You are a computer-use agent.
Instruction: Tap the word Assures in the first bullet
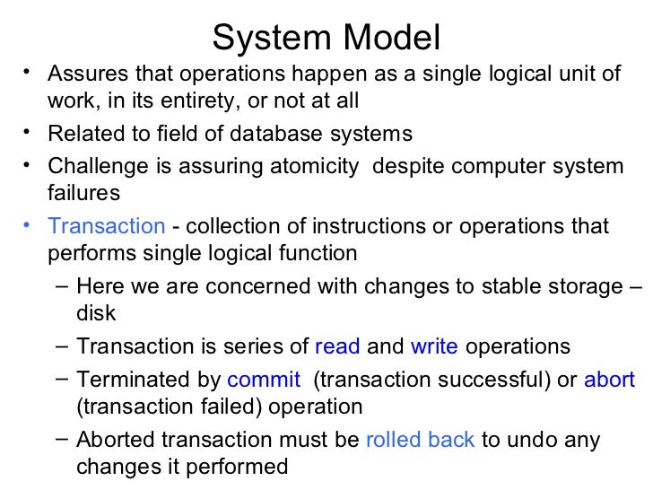(x=87, y=73)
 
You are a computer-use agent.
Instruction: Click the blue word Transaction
(x=107, y=226)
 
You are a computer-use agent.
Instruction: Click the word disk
(x=96, y=313)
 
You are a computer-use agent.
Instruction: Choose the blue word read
(x=338, y=346)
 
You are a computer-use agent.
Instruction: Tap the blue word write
(x=434, y=346)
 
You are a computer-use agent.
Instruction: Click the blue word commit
(x=264, y=380)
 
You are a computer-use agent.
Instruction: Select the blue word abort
(x=610, y=380)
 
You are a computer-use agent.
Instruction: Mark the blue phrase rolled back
(x=421, y=441)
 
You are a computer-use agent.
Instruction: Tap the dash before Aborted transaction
(x=59, y=439)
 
